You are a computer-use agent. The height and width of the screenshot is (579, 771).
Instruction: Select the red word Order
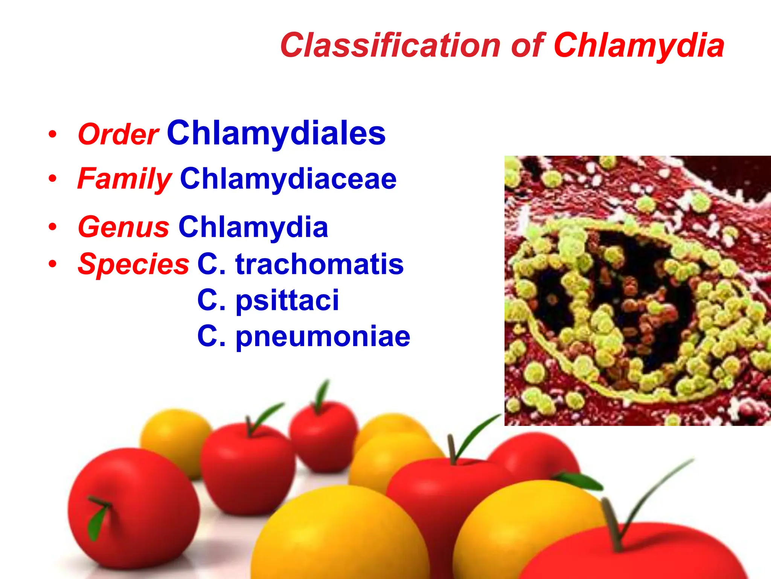click(118, 134)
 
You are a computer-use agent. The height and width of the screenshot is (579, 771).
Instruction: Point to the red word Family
click(125, 179)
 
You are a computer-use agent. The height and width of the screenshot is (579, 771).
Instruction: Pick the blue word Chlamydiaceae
click(288, 179)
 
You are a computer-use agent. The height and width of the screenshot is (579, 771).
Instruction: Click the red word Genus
click(123, 227)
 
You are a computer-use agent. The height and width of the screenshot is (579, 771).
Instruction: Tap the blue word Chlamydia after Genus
click(253, 227)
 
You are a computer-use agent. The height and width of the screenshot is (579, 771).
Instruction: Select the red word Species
click(133, 264)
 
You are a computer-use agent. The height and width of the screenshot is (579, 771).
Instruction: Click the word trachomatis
click(320, 264)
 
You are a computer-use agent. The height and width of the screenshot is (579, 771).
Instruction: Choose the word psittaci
click(287, 300)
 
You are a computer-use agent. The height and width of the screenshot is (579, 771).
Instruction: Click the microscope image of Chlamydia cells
click(637, 291)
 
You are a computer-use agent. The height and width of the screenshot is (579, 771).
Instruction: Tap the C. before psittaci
click(211, 300)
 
